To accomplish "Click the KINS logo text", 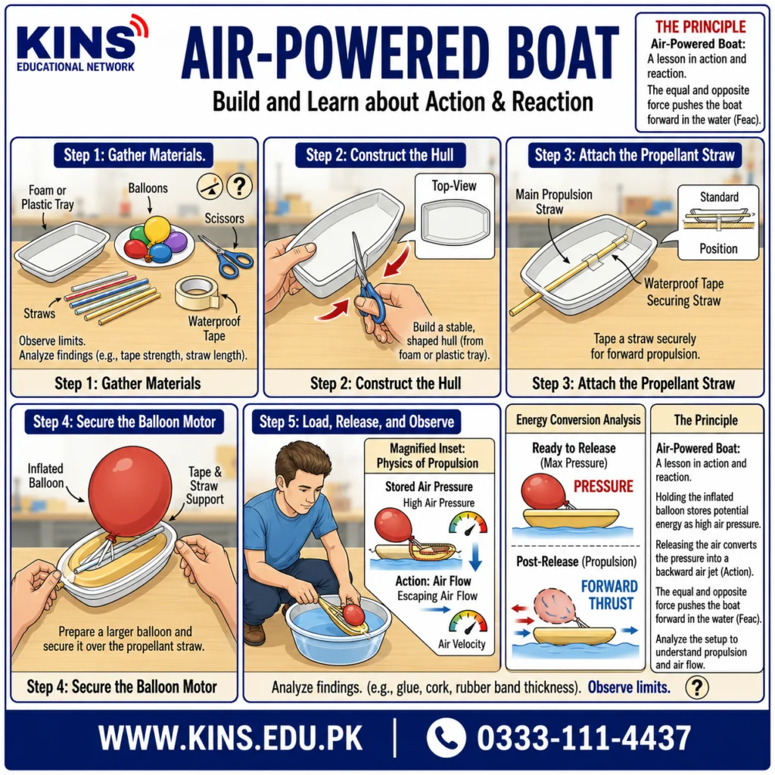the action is [x=76, y=43].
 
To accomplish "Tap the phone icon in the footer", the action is [x=446, y=737].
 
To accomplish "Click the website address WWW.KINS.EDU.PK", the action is [x=230, y=739].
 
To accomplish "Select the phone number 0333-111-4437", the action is [x=584, y=739].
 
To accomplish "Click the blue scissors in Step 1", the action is [x=226, y=256].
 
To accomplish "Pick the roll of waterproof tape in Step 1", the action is [x=197, y=292].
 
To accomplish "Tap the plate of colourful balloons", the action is [x=154, y=241].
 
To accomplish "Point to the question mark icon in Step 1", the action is [x=239, y=186].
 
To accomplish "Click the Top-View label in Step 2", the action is [x=454, y=186].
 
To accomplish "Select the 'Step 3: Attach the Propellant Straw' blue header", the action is [x=635, y=155].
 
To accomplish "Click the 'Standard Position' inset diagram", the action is [x=719, y=222].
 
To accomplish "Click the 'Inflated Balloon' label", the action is [x=45, y=475].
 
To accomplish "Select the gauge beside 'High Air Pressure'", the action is [x=468, y=524].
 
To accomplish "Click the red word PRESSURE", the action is [x=603, y=487].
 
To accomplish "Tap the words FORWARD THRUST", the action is [x=609, y=595].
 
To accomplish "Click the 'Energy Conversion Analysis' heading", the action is [x=578, y=420].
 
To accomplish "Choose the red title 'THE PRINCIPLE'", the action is [x=700, y=26].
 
